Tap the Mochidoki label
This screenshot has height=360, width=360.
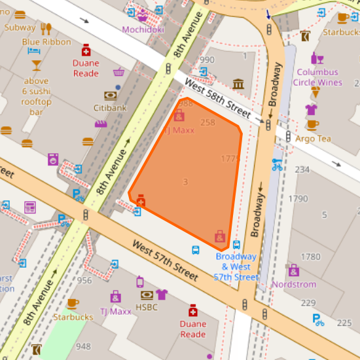pos(143,29)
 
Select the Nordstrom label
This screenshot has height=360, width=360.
pos(293,284)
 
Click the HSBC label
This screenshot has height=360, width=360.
pos(147,306)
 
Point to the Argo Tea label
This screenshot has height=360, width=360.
pos(313,138)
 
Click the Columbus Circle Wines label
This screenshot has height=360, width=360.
pos(317,77)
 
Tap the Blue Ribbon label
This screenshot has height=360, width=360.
pos(46,42)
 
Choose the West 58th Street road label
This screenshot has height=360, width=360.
pos(217,99)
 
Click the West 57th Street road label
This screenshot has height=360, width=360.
pos(165,261)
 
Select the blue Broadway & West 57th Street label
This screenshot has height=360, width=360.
pos(236,267)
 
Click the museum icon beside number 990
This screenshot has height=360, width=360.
pos(238,84)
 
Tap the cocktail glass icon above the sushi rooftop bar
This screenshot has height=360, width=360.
pos(36,65)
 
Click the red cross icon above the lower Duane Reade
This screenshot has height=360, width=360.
pos(192,310)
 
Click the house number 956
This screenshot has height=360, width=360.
pos(84,280)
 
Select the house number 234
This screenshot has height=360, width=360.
pos(302,170)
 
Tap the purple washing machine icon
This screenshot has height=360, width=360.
pos(53,158)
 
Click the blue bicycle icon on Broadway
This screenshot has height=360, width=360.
pos(278,164)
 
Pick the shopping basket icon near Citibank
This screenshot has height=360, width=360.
pos(118,72)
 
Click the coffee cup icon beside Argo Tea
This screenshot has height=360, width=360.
pos(313,124)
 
